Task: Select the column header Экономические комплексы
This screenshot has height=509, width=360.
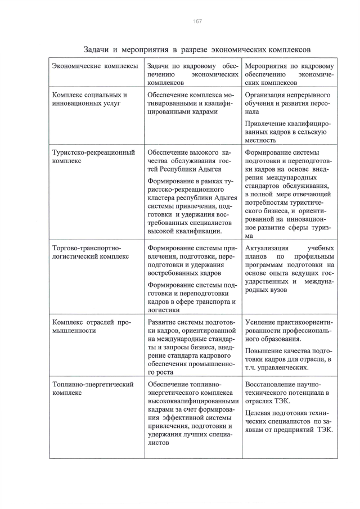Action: (x=94, y=66)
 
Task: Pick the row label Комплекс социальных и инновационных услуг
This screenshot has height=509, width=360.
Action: (x=89, y=100)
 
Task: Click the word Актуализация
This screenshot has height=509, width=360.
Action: (x=267, y=248)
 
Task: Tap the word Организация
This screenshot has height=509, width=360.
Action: (x=268, y=95)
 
